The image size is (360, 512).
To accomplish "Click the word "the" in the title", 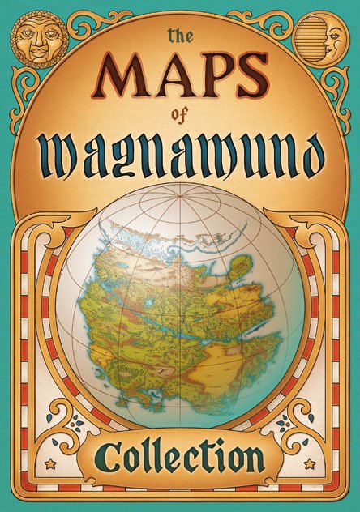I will pos(180,36).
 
